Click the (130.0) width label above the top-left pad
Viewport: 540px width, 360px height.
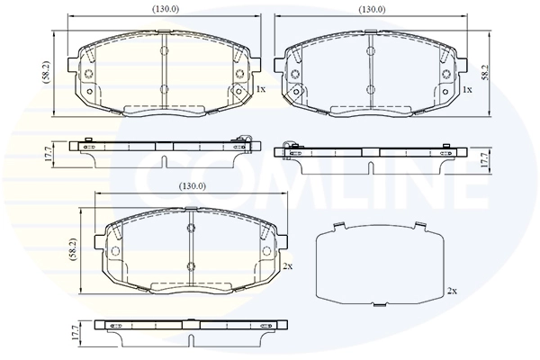coord(166,10)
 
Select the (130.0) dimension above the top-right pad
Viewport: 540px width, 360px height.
coord(372,10)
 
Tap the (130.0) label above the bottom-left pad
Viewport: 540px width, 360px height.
coord(193,186)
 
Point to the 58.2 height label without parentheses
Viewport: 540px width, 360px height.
coord(485,73)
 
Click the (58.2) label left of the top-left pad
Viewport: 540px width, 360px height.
coord(47,73)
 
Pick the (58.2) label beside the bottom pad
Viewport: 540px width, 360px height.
coord(73,250)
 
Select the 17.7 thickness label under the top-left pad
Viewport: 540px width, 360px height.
coord(48,154)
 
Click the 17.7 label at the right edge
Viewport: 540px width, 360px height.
coord(484,160)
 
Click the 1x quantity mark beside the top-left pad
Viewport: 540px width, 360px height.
coord(261,89)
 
